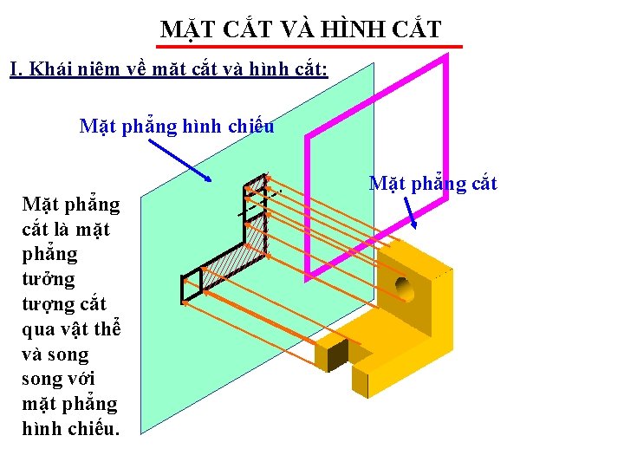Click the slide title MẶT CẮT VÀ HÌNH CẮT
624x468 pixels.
(301, 29)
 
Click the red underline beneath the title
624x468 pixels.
(310, 46)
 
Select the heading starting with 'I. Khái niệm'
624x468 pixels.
(169, 68)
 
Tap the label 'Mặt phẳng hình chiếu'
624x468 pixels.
(177, 127)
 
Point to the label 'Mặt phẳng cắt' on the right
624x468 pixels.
(432, 183)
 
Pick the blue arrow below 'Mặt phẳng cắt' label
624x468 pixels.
(412, 213)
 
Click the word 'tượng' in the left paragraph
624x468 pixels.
(49, 304)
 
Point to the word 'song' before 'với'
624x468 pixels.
(42, 379)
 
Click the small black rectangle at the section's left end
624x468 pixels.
(191, 289)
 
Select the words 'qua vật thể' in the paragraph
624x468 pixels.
(71, 329)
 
